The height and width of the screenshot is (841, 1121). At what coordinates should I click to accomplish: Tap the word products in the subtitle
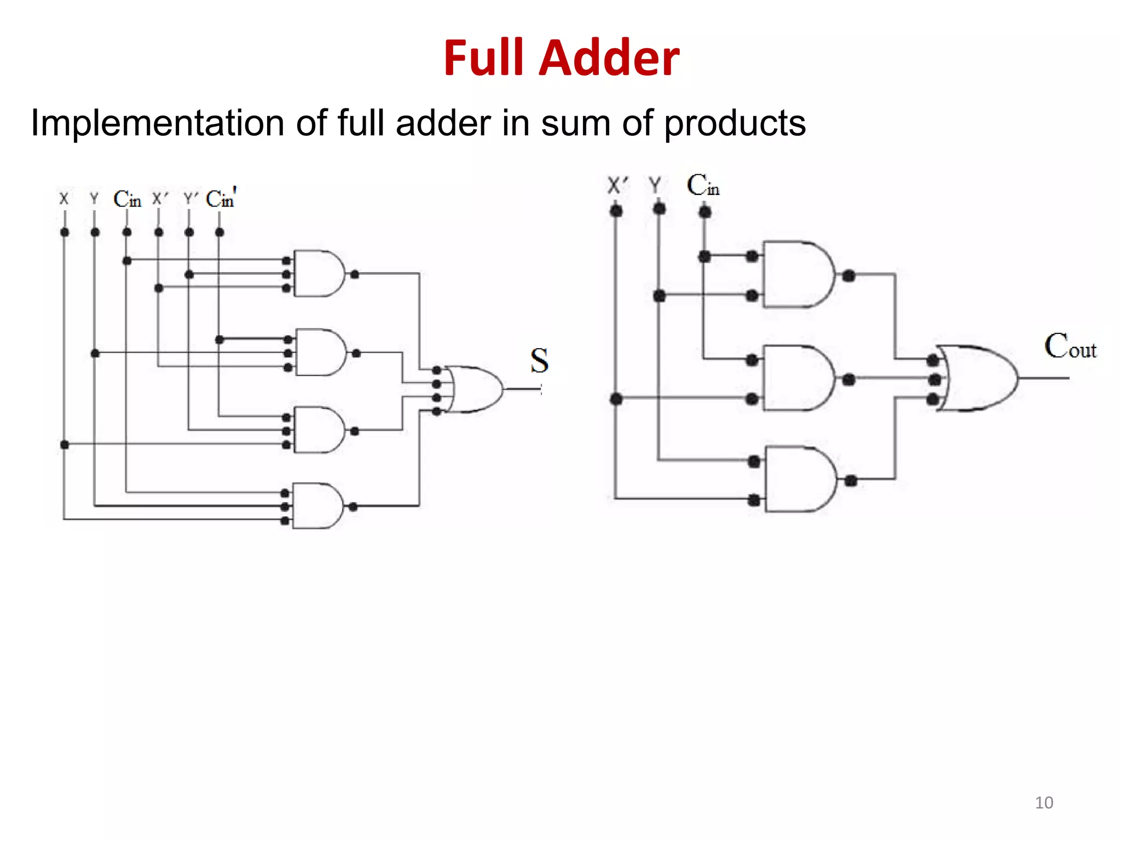click(x=735, y=124)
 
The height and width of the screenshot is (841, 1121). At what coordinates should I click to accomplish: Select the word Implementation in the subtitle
click(x=158, y=124)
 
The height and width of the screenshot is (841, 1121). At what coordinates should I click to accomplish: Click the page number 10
click(x=1044, y=803)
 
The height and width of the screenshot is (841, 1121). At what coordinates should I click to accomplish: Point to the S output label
click(x=539, y=361)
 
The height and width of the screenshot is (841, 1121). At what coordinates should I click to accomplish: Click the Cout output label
click(x=1070, y=346)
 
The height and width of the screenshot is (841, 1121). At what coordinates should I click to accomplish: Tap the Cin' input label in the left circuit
click(x=221, y=198)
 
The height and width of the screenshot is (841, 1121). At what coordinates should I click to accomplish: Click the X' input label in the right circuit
click(x=617, y=185)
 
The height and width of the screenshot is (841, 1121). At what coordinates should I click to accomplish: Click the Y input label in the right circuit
click(x=655, y=185)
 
